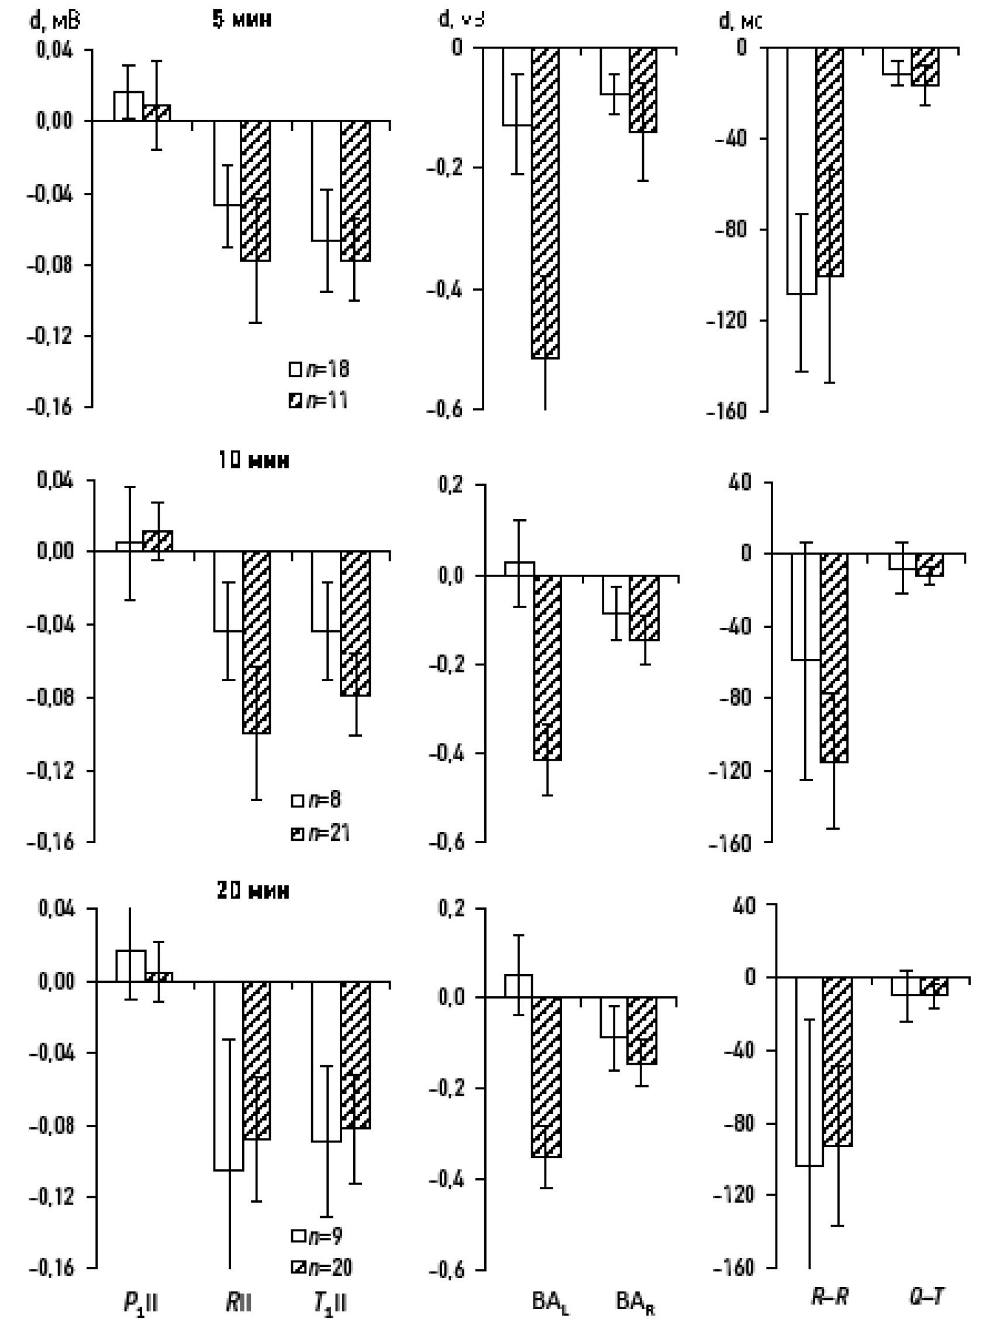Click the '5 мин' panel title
(x=242, y=20)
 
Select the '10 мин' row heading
(x=253, y=461)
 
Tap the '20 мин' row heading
(x=253, y=891)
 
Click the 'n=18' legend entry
(x=319, y=370)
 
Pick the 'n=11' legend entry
(x=319, y=401)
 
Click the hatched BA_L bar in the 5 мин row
(x=546, y=203)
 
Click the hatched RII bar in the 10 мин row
(x=257, y=642)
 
